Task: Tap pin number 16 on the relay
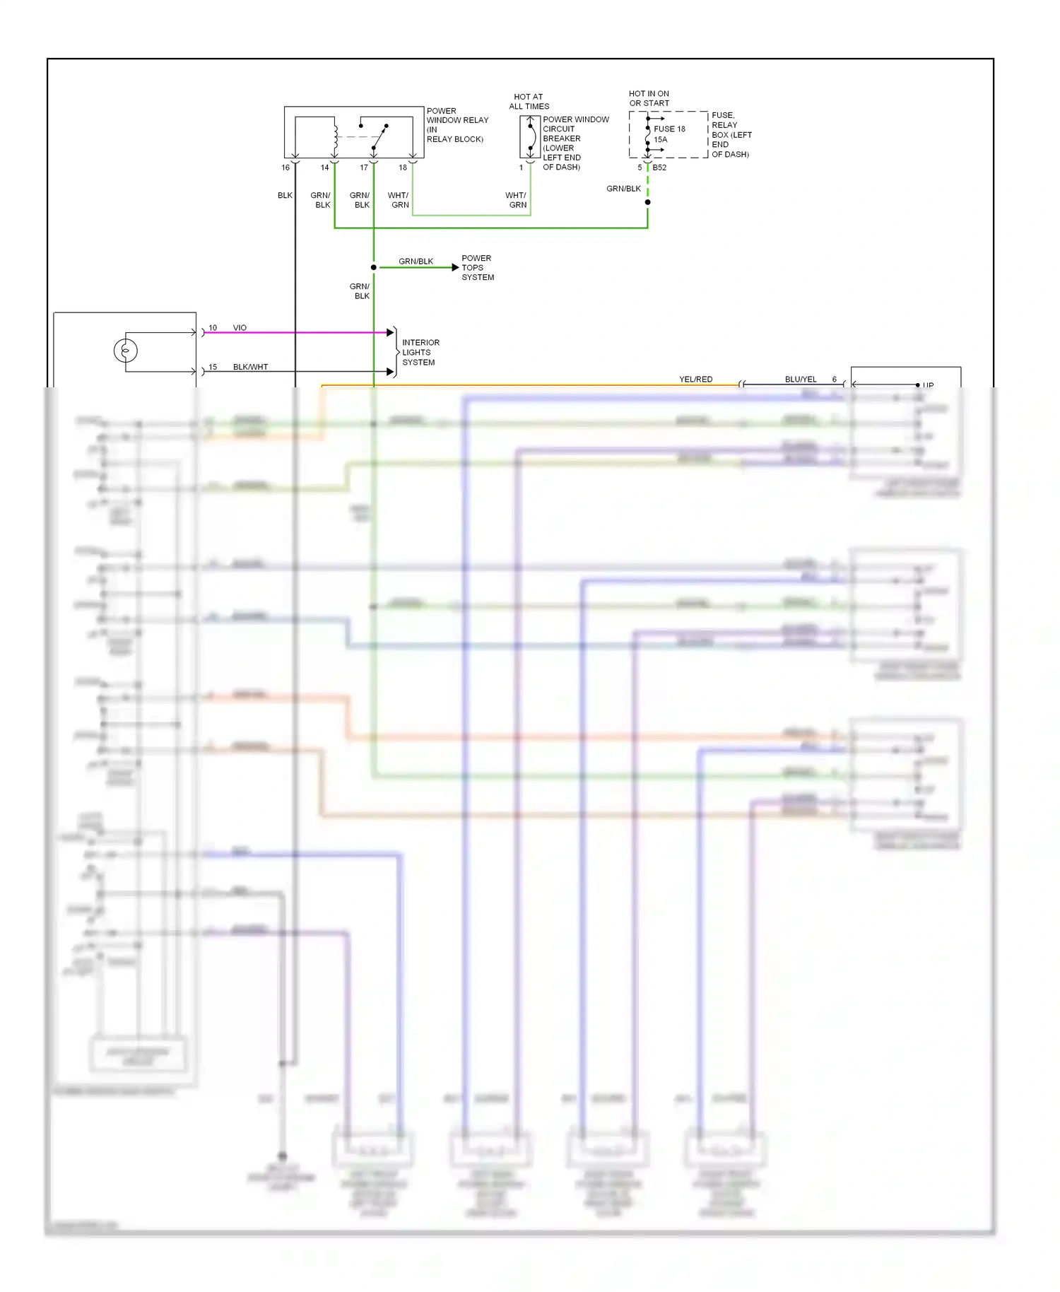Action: (x=285, y=168)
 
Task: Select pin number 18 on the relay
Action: (x=403, y=168)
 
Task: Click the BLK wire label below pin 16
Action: (x=285, y=195)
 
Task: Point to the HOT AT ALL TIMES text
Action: (x=529, y=101)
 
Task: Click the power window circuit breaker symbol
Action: (x=530, y=136)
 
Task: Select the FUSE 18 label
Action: (x=669, y=129)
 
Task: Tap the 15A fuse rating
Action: (x=660, y=139)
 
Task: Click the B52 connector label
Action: (x=659, y=168)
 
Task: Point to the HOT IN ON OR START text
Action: (x=649, y=98)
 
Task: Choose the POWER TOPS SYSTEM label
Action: (x=478, y=268)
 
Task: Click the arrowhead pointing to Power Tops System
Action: (x=455, y=267)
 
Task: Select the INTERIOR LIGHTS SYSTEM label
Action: (x=420, y=352)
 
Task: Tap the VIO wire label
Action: (x=240, y=328)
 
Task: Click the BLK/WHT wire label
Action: (x=250, y=367)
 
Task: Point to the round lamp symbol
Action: (x=126, y=351)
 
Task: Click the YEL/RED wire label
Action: (x=695, y=380)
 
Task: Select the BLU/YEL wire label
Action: (x=800, y=380)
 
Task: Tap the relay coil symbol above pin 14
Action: (x=336, y=135)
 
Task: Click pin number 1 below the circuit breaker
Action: (x=522, y=168)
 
